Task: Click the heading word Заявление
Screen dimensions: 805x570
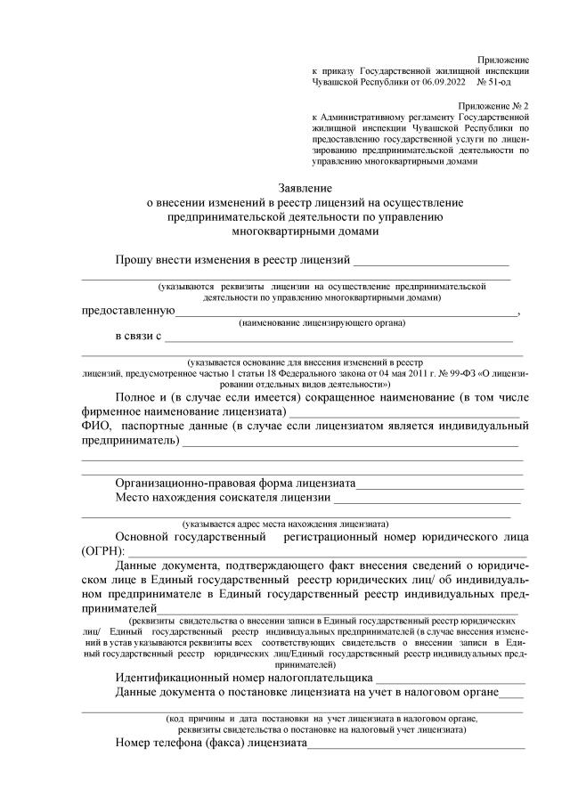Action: click(305, 189)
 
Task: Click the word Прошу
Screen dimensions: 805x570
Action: click(134, 260)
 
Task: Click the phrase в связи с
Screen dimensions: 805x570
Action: click(138, 337)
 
